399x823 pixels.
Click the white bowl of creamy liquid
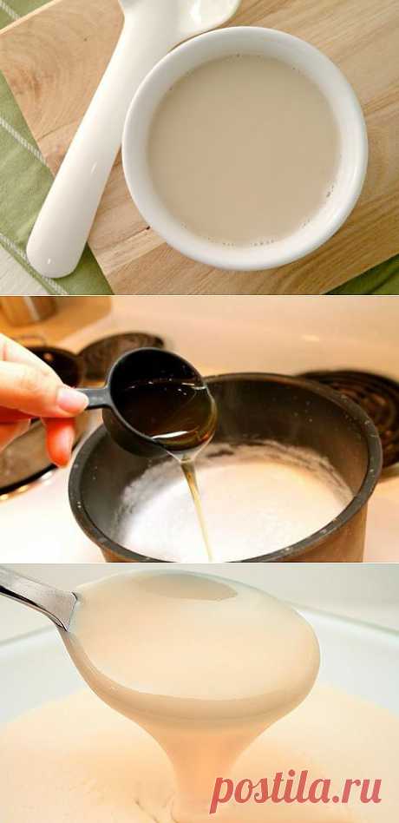pyautogui.click(x=245, y=149)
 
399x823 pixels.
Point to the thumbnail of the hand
pyautogui.click(x=72, y=400)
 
